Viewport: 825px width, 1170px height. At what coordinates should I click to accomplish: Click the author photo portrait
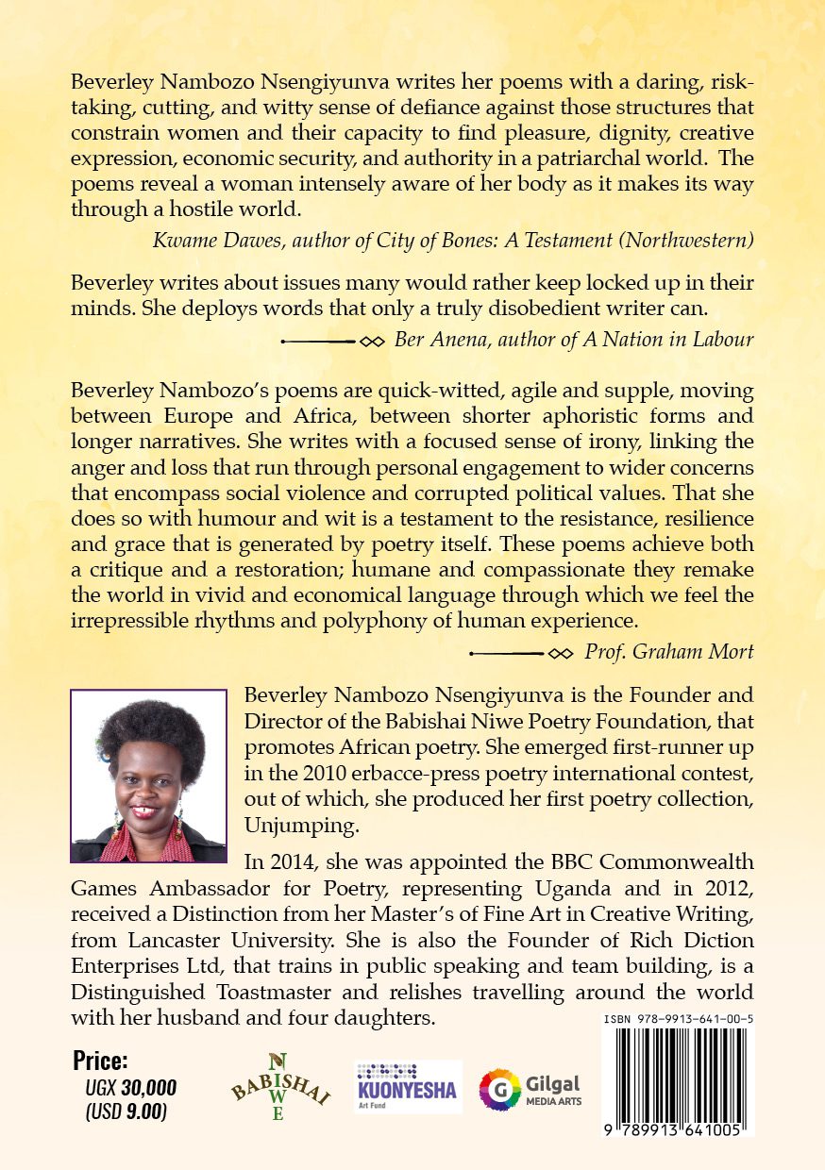[148, 776]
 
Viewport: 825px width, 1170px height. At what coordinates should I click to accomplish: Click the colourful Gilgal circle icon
[500, 1089]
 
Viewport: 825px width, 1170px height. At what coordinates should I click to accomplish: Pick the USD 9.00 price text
[126, 1112]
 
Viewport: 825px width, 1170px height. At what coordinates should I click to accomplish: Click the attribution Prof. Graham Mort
[669, 652]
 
